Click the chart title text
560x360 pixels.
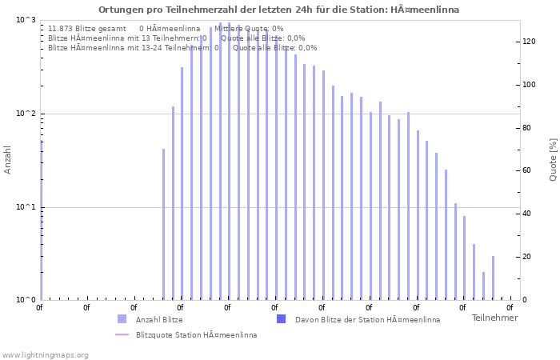[279, 10]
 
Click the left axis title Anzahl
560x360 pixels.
[8, 160]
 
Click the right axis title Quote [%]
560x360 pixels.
[553, 159]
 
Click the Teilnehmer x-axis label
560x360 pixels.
[494, 318]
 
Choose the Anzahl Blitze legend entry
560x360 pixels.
[158, 320]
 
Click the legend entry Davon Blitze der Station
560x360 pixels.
[367, 320]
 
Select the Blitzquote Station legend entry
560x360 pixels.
[196, 335]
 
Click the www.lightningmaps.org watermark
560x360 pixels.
[46, 355]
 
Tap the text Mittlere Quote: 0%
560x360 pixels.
[249, 29]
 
